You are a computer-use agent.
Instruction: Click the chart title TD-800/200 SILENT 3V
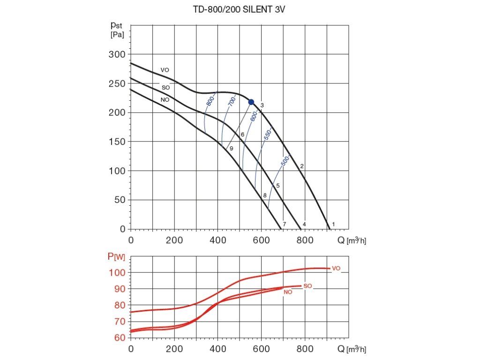pos(239,9)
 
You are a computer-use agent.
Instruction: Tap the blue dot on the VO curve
pos(251,102)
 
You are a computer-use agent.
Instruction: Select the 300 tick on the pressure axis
pos(117,54)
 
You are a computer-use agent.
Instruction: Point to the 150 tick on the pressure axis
pos(117,142)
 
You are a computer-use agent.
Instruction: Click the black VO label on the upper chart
pos(165,70)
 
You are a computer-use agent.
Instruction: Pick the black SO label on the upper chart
pos(165,88)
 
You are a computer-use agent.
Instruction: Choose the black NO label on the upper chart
pos(165,100)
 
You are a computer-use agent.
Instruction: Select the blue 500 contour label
pos(285,161)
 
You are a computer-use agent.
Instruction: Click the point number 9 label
pos(232,149)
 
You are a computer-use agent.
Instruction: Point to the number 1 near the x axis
pos(333,224)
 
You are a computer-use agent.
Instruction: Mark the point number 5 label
pos(278,186)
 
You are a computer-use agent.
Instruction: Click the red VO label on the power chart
pos(336,269)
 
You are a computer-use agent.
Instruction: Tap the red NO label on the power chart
pos(288,292)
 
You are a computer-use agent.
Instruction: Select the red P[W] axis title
pos(116,256)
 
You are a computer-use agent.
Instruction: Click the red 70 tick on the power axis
pos(120,322)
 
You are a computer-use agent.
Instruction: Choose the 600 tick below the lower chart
pos(261,349)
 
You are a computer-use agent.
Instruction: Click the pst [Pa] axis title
pos(117,30)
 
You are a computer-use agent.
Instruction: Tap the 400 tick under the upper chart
pos(217,240)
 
